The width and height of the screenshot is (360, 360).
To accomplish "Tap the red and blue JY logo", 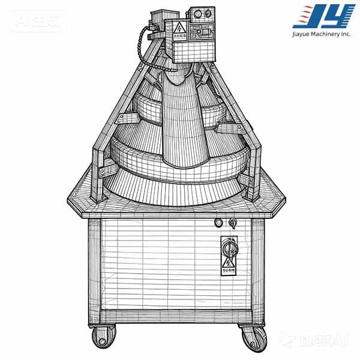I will point(323,16).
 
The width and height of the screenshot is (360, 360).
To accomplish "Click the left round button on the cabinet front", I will point(219,223).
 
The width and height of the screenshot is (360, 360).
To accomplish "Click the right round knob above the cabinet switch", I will point(232,223).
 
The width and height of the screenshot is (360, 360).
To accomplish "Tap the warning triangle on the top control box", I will point(178,27).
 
